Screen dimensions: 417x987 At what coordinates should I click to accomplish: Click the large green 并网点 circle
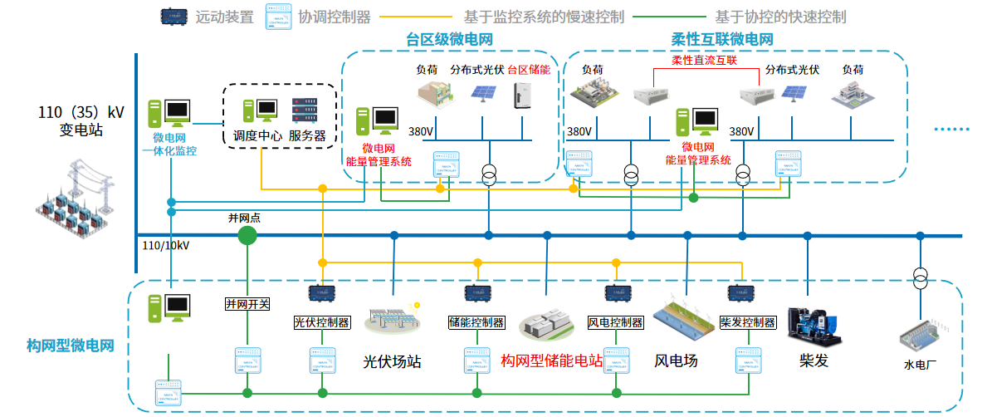pyautogui.click(x=247, y=236)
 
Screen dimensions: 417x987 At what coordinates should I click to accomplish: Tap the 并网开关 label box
pyautogui.click(x=247, y=304)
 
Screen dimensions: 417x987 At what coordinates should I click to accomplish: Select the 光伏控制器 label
pyautogui.click(x=321, y=322)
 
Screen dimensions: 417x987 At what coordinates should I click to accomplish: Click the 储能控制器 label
pyautogui.click(x=476, y=322)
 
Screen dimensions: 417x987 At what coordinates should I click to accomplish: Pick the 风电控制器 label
pyautogui.click(x=615, y=322)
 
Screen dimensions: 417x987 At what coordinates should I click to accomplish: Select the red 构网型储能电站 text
pyautogui.click(x=551, y=361)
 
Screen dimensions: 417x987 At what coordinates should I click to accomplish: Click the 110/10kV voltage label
pyautogui.click(x=166, y=246)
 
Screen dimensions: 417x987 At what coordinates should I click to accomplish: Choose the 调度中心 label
pyautogui.click(x=257, y=135)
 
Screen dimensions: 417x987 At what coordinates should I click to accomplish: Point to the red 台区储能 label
pyautogui.click(x=528, y=71)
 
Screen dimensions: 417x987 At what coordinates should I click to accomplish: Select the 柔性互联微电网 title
pyautogui.click(x=722, y=39)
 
